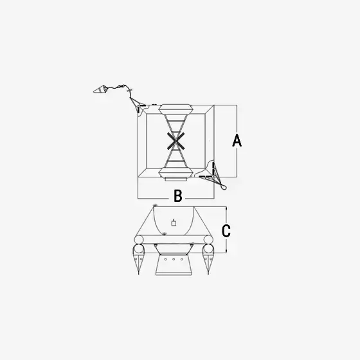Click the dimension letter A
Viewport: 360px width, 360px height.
[237, 141]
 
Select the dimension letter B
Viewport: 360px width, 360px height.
[178, 196]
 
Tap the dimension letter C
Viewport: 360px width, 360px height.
[226, 231]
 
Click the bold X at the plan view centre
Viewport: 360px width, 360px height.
[176, 141]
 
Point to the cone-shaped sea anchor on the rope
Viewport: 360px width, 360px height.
[100, 89]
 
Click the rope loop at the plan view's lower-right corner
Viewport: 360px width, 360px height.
[224, 187]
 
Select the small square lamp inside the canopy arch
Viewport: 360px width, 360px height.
[174, 222]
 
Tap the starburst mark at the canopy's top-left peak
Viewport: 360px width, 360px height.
[155, 205]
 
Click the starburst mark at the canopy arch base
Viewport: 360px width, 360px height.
[164, 234]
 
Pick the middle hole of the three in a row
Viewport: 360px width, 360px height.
[174, 259]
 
